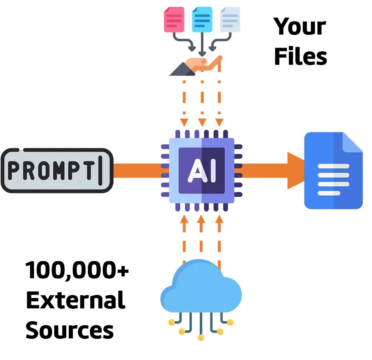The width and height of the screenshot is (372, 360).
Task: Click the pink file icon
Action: point(174,19)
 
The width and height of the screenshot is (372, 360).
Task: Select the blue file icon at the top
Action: point(202,19)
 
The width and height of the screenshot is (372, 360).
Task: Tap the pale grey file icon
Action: point(231,19)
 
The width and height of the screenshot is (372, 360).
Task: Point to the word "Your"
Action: point(300,27)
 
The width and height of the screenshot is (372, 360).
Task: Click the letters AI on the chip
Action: point(201,170)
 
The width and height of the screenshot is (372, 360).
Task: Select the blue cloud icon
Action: point(201,288)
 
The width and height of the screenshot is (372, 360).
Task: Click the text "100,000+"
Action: point(77,270)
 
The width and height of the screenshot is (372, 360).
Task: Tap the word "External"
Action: point(76,300)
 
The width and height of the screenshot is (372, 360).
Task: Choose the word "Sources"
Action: point(70,330)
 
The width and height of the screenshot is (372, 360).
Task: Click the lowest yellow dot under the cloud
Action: point(201,338)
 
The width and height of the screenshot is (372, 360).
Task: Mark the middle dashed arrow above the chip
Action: point(202,102)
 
